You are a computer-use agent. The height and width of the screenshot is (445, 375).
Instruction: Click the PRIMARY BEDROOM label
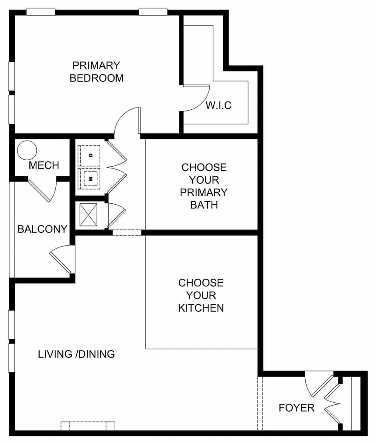[x=96, y=72]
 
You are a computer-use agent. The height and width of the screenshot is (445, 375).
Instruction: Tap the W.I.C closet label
[x=218, y=105]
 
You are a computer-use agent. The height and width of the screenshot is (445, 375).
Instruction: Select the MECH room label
[x=44, y=165]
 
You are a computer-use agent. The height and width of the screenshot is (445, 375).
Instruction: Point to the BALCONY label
[x=42, y=229]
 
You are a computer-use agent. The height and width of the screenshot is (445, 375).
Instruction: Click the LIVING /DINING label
[x=76, y=354]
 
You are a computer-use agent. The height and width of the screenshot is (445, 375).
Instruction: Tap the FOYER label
[x=297, y=408]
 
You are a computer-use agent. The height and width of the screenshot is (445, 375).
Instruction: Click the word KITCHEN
[x=201, y=308]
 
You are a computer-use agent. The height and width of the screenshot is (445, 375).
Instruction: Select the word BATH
[x=204, y=205]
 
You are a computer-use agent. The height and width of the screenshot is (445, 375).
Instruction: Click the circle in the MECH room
[x=27, y=150]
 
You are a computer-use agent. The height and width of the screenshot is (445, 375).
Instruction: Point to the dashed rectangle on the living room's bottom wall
[x=88, y=425]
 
